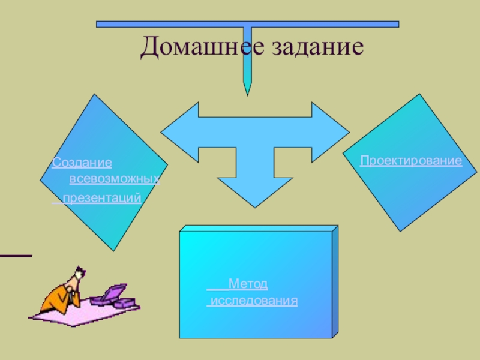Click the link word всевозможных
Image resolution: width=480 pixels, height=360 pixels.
tap(114, 179)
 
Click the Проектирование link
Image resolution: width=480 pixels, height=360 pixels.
tap(411, 161)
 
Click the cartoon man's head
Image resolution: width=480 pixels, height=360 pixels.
tap(79, 277)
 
